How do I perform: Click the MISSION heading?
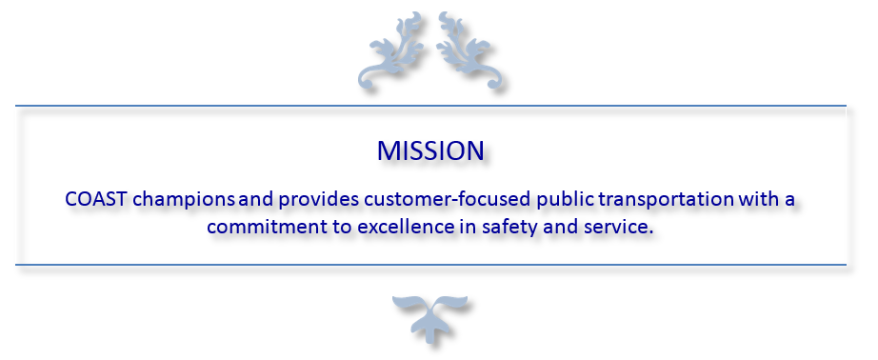(430, 150)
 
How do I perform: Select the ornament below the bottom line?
(430, 317)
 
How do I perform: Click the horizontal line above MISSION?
(430, 106)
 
